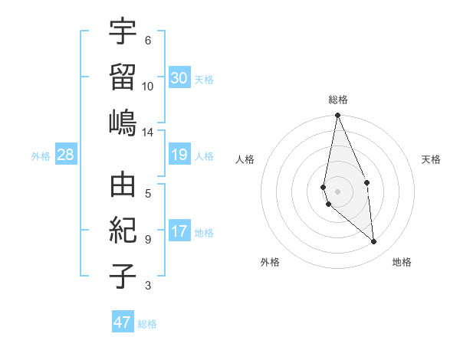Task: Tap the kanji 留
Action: [x=123, y=77]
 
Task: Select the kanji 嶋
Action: [x=123, y=122]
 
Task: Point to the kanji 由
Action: [x=123, y=185]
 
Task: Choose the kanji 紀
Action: [x=123, y=231]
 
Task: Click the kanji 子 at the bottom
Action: [x=123, y=276]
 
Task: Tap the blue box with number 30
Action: [x=179, y=78]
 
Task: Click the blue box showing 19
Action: [x=179, y=155]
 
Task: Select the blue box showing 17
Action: [x=179, y=231]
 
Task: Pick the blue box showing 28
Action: [x=66, y=155]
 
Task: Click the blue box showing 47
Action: [x=123, y=322]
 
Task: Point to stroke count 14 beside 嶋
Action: [x=147, y=133]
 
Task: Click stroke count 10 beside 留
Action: [x=148, y=87]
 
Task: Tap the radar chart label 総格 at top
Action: [x=338, y=100]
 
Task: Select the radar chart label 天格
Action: [x=432, y=159]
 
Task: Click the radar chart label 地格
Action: [x=402, y=262]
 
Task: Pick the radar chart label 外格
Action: [x=270, y=262]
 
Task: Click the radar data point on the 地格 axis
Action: [x=374, y=241]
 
